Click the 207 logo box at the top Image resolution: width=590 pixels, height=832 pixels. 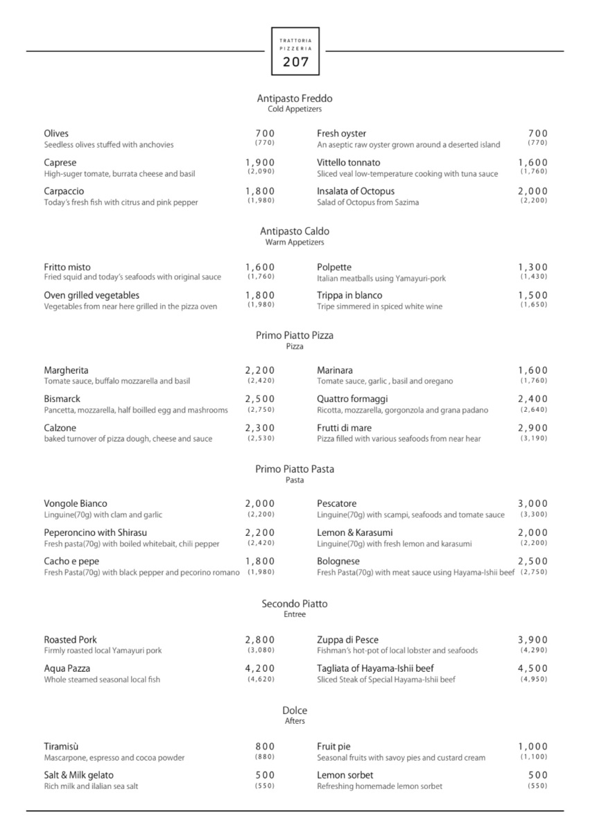click(295, 51)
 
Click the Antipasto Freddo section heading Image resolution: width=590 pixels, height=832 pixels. click(295, 98)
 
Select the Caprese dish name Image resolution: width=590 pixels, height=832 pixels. click(60, 163)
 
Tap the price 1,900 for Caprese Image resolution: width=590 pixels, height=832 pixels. click(260, 163)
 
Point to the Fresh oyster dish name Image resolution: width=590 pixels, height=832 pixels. click(342, 134)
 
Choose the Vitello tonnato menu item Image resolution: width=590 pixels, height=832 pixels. click(349, 163)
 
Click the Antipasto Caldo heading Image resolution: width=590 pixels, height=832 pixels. click(295, 232)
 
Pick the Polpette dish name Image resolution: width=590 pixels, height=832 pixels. click(334, 268)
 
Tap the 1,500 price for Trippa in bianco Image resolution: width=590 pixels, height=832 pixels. click(532, 296)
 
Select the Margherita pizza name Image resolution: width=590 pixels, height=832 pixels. click(67, 371)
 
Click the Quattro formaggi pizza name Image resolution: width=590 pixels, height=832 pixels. click(352, 399)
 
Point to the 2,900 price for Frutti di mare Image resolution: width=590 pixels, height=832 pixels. click(532, 428)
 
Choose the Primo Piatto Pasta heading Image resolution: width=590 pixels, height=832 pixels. click(295, 469)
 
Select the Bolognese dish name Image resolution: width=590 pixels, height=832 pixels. click(338, 562)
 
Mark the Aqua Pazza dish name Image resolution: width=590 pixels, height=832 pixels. click(67, 669)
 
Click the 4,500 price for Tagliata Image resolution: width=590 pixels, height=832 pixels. click(532, 669)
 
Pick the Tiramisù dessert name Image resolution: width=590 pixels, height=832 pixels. click(62, 747)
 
